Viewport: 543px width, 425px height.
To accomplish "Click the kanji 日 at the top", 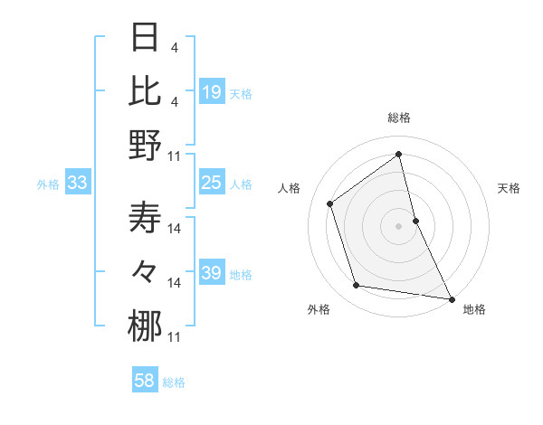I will (x=146, y=37).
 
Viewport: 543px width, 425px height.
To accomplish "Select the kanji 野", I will (x=146, y=145).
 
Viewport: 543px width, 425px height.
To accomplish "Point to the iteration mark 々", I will (x=146, y=272).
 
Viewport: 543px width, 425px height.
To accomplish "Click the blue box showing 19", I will (x=212, y=92).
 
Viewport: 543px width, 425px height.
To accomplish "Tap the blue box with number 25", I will (x=212, y=184).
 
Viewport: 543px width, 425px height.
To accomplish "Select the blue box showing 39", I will (x=212, y=273).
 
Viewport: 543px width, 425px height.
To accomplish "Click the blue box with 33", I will (x=78, y=184).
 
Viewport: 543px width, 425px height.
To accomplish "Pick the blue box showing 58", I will (x=145, y=382).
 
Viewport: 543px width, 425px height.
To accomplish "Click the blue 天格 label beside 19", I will (x=241, y=93).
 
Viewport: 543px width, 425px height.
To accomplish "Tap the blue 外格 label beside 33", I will (x=48, y=184).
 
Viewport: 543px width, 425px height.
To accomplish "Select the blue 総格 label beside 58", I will (x=174, y=382).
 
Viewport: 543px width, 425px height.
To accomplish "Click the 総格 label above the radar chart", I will (x=399, y=118).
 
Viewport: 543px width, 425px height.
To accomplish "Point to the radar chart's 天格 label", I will (x=510, y=188).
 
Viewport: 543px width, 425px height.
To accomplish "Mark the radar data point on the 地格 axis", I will (x=451, y=298).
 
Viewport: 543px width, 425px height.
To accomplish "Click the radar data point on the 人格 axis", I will (x=330, y=203).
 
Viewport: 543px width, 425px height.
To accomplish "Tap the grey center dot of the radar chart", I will (x=398, y=225).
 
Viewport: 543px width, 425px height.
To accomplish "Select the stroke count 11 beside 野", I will (x=175, y=156).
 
